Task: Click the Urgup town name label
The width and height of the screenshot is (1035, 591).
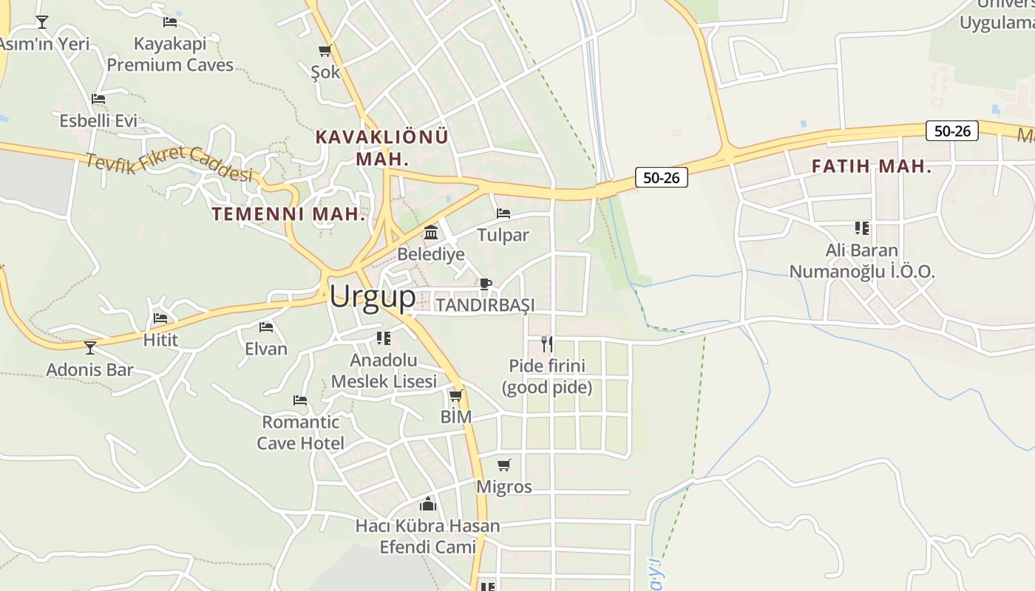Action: click(x=373, y=297)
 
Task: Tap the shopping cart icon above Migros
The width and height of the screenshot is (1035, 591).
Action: click(x=504, y=465)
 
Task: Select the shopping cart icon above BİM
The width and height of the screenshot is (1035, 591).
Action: click(x=456, y=396)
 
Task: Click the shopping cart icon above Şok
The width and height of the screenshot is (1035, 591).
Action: click(x=325, y=50)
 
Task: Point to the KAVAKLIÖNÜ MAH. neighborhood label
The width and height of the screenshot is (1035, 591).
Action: click(x=381, y=147)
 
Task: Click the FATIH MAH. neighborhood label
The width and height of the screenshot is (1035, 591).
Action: click(x=872, y=166)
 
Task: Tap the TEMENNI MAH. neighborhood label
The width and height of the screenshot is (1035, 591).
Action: click(x=288, y=214)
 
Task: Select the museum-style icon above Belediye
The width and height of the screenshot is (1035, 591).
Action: click(x=431, y=233)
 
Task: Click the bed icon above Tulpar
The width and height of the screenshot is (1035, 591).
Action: click(x=503, y=213)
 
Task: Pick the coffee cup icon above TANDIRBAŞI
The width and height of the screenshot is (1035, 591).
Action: click(x=485, y=284)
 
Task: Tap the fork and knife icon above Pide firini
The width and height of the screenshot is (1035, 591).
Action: click(x=547, y=344)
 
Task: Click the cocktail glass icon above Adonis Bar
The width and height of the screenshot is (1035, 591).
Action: click(x=90, y=347)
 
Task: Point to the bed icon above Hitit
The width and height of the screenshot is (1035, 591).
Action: click(x=160, y=318)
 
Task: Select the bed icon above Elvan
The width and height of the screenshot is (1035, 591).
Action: click(x=266, y=327)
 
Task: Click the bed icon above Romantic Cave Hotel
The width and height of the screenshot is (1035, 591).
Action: click(x=300, y=400)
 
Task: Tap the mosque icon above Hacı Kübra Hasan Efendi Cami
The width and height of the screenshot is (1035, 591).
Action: click(x=428, y=505)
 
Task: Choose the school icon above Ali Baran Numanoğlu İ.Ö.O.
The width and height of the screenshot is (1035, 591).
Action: click(x=861, y=228)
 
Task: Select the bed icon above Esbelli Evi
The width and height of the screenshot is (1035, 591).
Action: click(x=98, y=98)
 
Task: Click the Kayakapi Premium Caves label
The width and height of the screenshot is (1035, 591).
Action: click(x=170, y=54)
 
